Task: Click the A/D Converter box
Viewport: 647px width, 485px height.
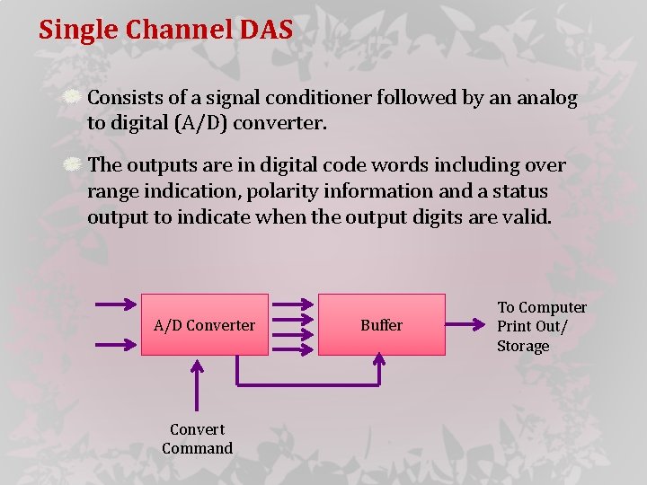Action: [x=205, y=324]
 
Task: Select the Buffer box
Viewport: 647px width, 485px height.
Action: [x=382, y=324]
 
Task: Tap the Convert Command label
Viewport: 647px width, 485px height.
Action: [x=197, y=438]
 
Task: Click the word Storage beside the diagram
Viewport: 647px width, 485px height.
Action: [x=523, y=347]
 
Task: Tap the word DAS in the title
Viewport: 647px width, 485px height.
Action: [x=266, y=30]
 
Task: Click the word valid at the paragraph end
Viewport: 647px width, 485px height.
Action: [x=527, y=217]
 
